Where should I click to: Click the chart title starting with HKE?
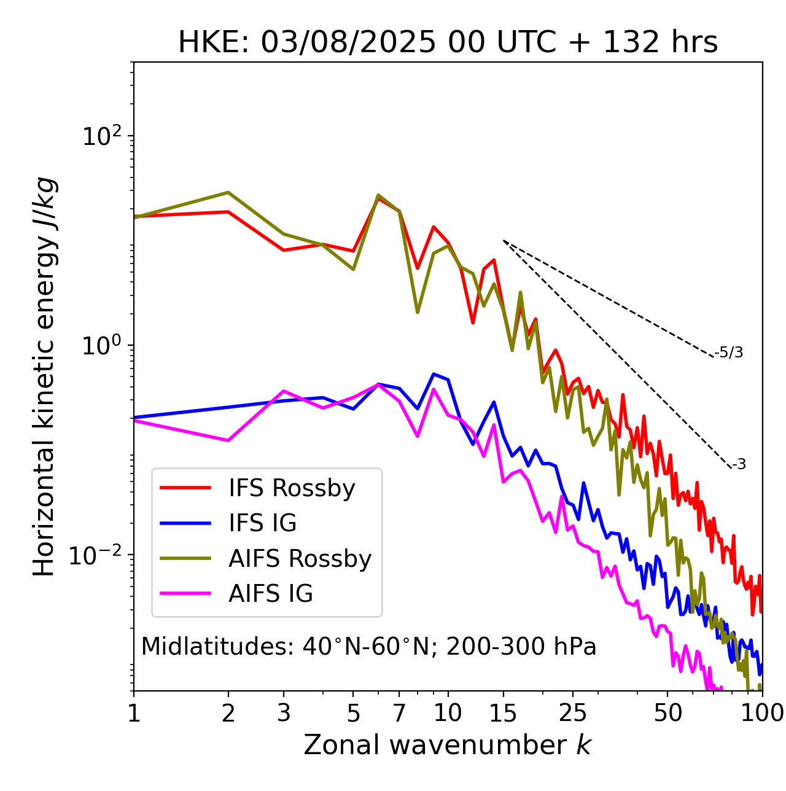tap(448, 43)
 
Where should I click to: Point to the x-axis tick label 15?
tap(504, 713)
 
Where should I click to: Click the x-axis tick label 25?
tap(573, 713)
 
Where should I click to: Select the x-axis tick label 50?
tap(667, 713)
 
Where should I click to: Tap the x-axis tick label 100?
tap(761, 713)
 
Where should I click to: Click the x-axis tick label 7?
tap(399, 713)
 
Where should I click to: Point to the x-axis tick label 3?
tap(284, 713)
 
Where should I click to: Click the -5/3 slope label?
tap(729, 353)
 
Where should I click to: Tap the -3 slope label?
tap(739, 465)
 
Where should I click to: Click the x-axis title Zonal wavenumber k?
tap(447, 746)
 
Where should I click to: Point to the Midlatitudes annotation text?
tap(368, 647)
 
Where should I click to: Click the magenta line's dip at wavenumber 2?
tap(228, 440)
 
